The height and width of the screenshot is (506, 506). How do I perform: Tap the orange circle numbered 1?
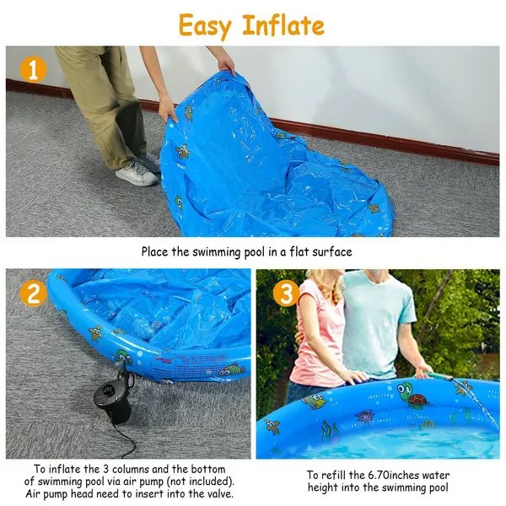coord(33,68)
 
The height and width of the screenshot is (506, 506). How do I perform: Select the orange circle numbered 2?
coord(33,293)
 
